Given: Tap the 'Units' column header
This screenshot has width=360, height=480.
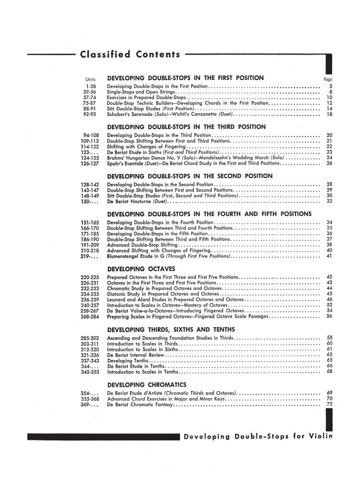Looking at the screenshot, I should [x=90, y=79].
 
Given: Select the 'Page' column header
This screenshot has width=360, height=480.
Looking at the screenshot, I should [x=327, y=79].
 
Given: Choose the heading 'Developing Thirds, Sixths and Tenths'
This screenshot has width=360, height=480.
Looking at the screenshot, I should [x=171, y=330].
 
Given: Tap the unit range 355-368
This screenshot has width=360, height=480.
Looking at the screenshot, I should [x=90, y=399].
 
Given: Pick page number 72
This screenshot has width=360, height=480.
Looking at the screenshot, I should [x=329, y=404].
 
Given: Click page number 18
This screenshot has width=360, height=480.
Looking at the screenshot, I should [x=329, y=114].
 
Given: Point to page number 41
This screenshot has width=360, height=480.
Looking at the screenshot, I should [x=329, y=256].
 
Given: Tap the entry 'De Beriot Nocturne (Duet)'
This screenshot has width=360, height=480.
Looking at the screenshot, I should [x=137, y=202].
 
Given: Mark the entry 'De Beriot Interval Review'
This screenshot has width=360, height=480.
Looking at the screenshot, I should [x=136, y=355].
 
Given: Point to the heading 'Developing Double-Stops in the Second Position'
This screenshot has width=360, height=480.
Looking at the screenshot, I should [x=190, y=176].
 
